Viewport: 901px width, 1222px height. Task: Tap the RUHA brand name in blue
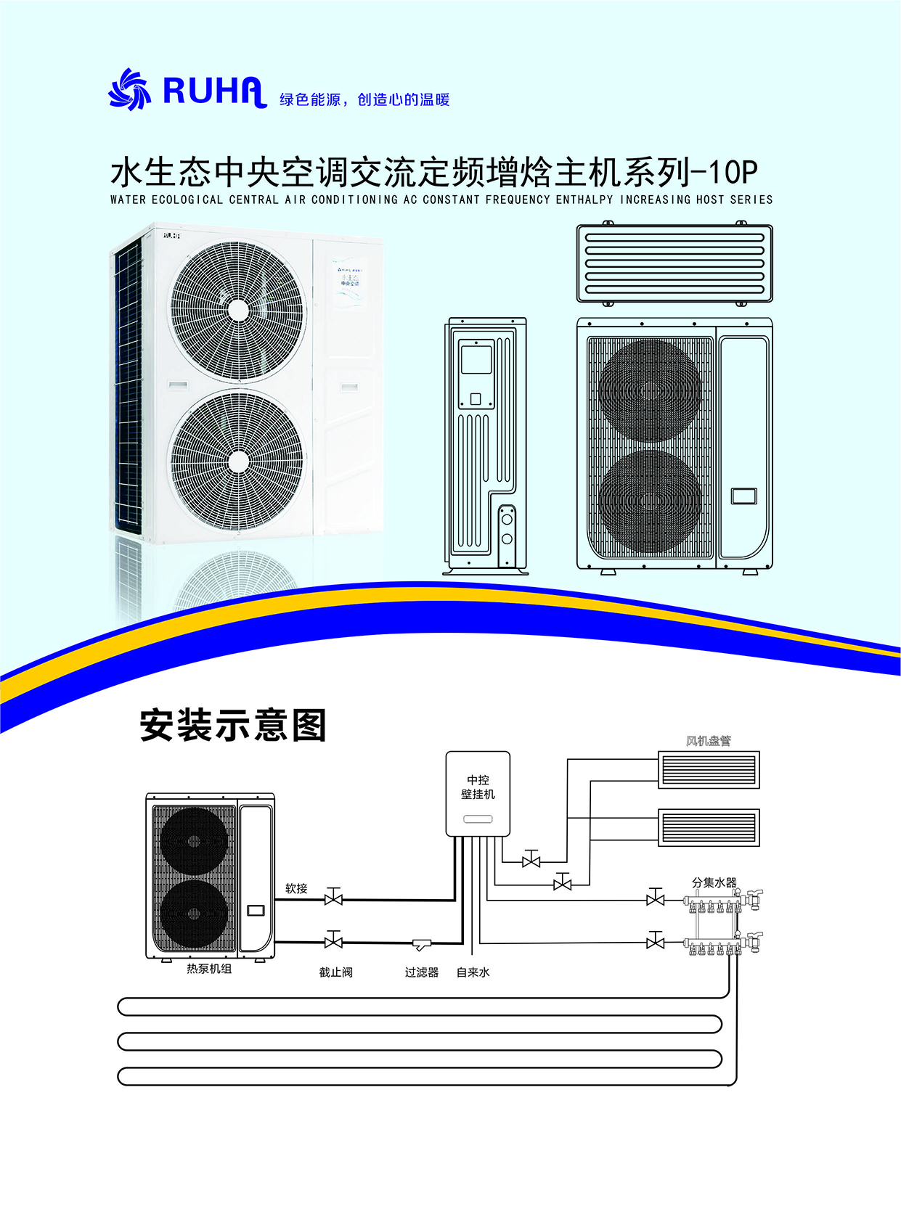click(214, 91)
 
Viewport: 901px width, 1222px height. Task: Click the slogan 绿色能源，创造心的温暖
click(364, 99)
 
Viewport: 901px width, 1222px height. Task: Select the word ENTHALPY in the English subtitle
click(584, 200)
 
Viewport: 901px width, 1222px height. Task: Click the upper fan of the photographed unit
click(237, 310)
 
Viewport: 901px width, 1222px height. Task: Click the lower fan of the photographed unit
click(237, 461)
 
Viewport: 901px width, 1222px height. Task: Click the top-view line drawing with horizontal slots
click(674, 263)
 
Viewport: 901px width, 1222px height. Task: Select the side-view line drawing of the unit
click(485, 446)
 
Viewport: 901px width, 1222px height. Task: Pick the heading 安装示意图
click(233, 725)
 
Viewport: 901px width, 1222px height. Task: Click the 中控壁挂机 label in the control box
click(478, 787)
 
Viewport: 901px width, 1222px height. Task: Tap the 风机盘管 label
click(708, 741)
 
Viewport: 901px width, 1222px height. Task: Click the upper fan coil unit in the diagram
click(708, 770)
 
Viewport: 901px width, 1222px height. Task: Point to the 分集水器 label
click(714, 882)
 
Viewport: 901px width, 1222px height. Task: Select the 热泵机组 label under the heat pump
click(209, 969)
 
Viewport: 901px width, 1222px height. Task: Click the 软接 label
click(296, 888)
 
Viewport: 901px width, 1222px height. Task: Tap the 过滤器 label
click(421, 972)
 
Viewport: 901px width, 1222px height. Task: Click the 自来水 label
click(473, 972)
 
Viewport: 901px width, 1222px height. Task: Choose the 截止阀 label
click(335, 972)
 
